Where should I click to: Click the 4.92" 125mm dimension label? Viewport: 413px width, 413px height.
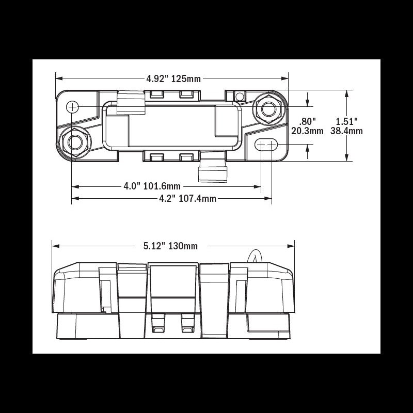pos(173,79)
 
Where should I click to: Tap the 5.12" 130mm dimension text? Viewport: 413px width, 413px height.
pos(170,246)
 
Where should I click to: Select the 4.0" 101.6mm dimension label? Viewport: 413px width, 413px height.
pos(152,186)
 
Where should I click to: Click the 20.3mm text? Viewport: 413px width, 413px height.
pos(307,131)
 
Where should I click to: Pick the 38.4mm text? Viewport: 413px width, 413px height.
pos(346,131)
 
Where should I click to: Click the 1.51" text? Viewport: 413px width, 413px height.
pos(346,121)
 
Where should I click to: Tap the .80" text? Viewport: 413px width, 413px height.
pos(308,121)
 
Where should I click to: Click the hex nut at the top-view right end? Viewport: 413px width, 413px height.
pos(268,109)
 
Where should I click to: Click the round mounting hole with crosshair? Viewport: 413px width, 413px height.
pos(73,107)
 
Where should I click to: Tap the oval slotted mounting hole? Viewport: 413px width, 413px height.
pos(266,145)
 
